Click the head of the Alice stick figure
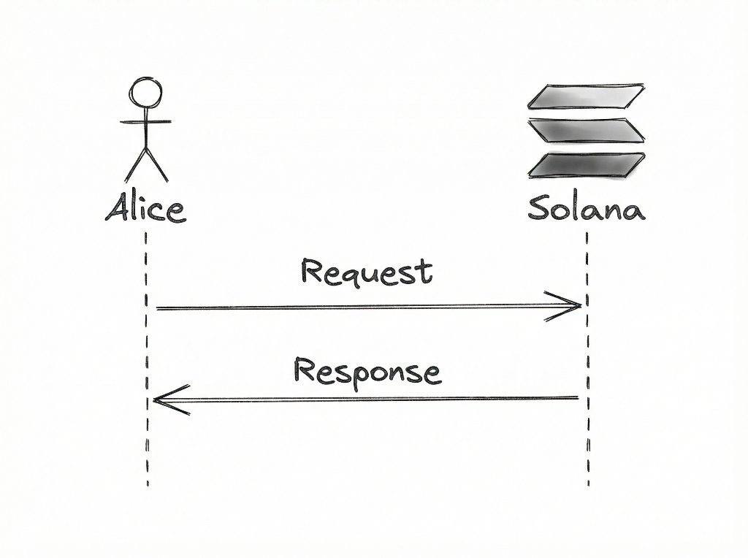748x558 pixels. (146, 93)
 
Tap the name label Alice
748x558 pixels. (145, 208)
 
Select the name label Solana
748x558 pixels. (587, 208)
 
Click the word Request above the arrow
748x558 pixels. (367, 272)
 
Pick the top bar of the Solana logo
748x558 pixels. (586, 96)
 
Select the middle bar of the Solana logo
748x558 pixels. (586, 130)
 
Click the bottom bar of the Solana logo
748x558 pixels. (586, 164)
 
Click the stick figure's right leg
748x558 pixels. (158, 165)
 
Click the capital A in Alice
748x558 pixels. (117, 208)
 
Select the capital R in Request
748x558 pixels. (312, 272)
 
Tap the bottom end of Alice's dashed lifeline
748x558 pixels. (148, 481)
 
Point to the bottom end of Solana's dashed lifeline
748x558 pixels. (588, 481)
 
